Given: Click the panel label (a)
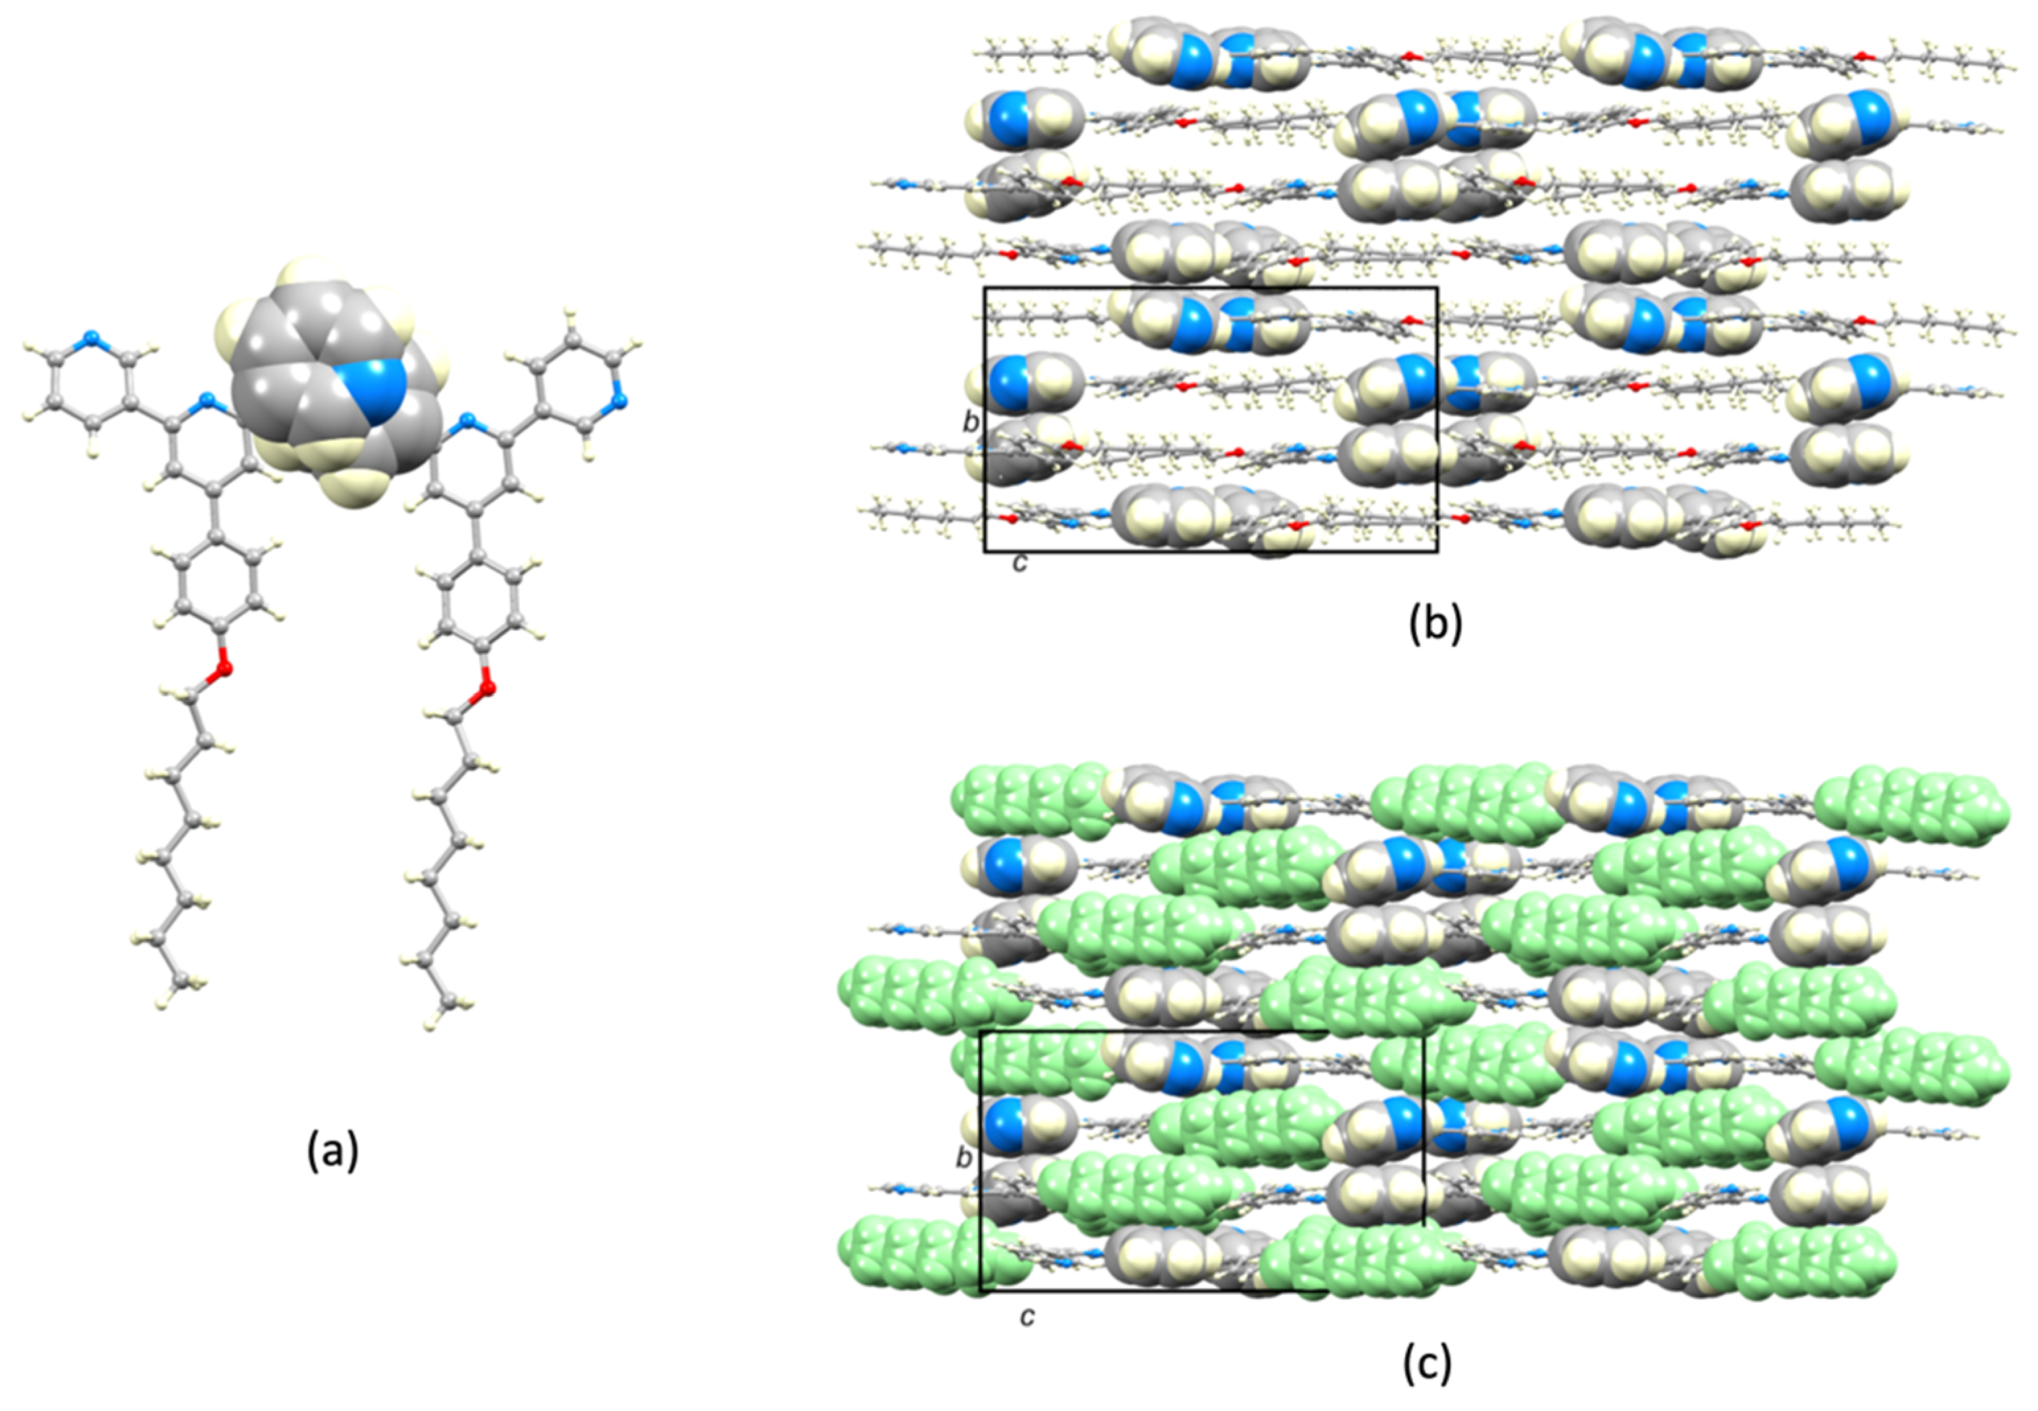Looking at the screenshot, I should (332, 1151).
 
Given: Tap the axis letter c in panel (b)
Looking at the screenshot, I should (1021, 562).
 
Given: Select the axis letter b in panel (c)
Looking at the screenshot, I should (964, 1158).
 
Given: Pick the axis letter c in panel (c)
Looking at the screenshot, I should (1027, 1317).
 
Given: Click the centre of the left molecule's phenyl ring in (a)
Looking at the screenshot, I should (219, 579).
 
